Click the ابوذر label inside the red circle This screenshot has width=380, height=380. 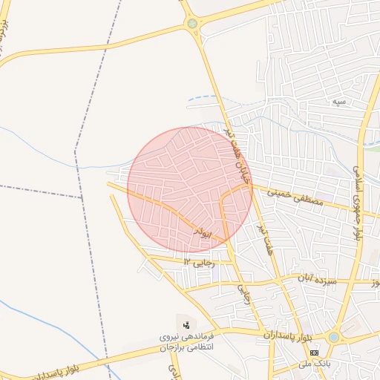203,232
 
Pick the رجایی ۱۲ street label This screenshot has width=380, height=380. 198,262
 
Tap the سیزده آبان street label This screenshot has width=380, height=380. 318,280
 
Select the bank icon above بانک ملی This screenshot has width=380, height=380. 315,352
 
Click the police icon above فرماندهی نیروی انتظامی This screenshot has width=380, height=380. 186,324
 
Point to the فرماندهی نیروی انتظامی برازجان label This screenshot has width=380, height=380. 186,342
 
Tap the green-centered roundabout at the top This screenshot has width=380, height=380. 193,24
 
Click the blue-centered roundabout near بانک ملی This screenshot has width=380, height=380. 333,337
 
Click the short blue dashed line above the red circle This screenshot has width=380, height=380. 204,97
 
